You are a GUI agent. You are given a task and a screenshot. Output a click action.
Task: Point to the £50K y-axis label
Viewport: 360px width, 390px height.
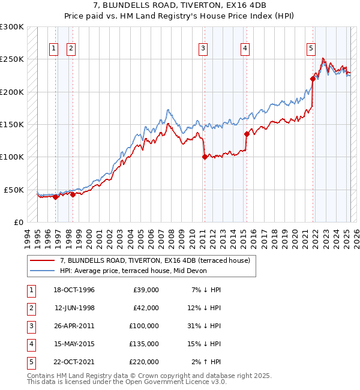click(x=14, y=190)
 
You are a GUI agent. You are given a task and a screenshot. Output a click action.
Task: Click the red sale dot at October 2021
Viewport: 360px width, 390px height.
click(x=313, y=79)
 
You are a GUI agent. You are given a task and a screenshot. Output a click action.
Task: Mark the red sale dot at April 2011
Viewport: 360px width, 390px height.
click(x=205, y=157)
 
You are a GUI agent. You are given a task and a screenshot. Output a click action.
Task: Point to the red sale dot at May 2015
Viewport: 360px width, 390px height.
click(x=246, y=134)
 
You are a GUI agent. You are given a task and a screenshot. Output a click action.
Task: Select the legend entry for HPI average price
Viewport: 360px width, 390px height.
click(x=133, y=271)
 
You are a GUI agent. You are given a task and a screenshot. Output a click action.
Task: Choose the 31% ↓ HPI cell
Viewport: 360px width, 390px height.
click(x=205, y=326)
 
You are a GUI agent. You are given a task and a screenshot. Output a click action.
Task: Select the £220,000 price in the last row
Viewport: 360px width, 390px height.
click(x=144, y=362)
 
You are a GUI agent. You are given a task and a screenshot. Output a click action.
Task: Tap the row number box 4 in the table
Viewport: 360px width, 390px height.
click(x=31, y=344)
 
